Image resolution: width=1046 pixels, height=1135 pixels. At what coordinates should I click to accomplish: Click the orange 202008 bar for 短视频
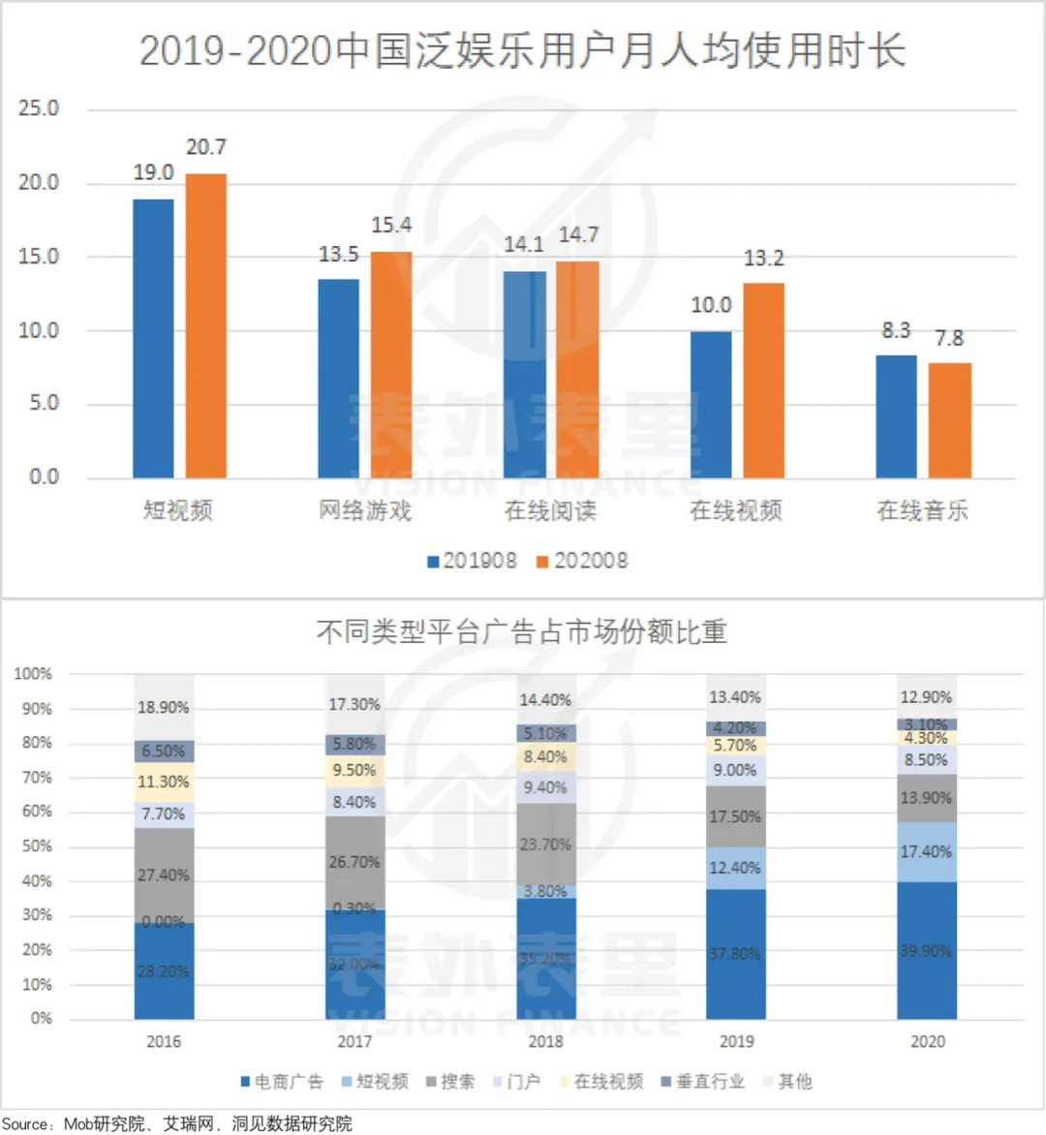(x=205, y=325)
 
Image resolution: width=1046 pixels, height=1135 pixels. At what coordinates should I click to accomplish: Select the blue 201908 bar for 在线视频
(x=711, y=405)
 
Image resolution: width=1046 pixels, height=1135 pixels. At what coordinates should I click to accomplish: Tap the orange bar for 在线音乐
(x=949, y=420)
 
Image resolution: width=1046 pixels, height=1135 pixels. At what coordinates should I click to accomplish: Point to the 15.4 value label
(x=391, y=226)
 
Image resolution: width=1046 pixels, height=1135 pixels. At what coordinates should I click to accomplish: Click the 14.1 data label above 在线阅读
(x=524, y=245)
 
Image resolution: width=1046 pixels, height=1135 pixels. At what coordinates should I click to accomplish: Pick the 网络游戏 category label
(x=365, y=510)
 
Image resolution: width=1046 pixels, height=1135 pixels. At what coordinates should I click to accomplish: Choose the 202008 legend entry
(x=582, y=561)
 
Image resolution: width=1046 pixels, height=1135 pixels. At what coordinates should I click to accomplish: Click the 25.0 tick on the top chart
(x=39, y=108)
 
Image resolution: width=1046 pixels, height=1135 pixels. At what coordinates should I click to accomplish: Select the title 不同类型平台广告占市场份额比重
(x=522, y=632)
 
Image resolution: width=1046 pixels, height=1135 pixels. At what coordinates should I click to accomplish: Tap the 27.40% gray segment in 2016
(x=164, y=875)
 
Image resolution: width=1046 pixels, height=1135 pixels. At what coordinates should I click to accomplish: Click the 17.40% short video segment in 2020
(x=927, y=852)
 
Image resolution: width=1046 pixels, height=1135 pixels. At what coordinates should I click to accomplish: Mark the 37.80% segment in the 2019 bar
(x=736, y=954)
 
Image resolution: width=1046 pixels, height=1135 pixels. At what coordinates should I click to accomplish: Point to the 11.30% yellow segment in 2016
(x=164, y=782)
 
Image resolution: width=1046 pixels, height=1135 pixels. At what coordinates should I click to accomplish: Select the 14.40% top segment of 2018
(x=545, y=699)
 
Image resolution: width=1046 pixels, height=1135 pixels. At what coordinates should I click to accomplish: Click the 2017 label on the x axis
(x=354, y=1042)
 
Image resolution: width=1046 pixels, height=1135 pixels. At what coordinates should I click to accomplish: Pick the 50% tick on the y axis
(x=37, y=846)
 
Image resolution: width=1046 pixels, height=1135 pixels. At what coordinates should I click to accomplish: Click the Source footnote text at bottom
(x=177, y=1123)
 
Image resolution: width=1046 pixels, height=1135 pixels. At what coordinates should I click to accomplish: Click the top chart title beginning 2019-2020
(x=522, y=50)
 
